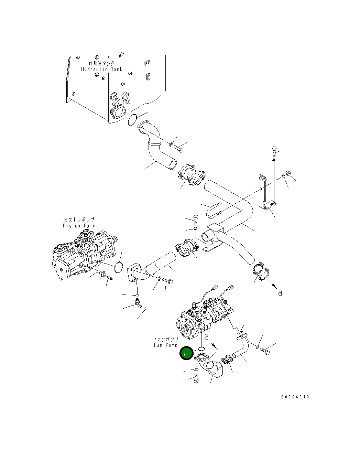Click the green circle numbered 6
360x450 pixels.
point(186,353)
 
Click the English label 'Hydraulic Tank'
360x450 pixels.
point(101,69)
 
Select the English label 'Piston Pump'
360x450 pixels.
point(79,226)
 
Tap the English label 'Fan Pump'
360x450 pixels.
point(165,345)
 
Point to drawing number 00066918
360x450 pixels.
point(295,397)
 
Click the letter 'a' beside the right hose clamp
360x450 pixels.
point(280,292)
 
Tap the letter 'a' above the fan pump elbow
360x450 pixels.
point(207,337)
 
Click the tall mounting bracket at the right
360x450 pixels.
point(265,194)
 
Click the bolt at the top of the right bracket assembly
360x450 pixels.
point(274,151)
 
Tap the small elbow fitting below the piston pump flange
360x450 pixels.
point(137,303)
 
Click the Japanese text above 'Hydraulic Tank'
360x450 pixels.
point(102,63)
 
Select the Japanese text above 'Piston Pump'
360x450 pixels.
point(79,219)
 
